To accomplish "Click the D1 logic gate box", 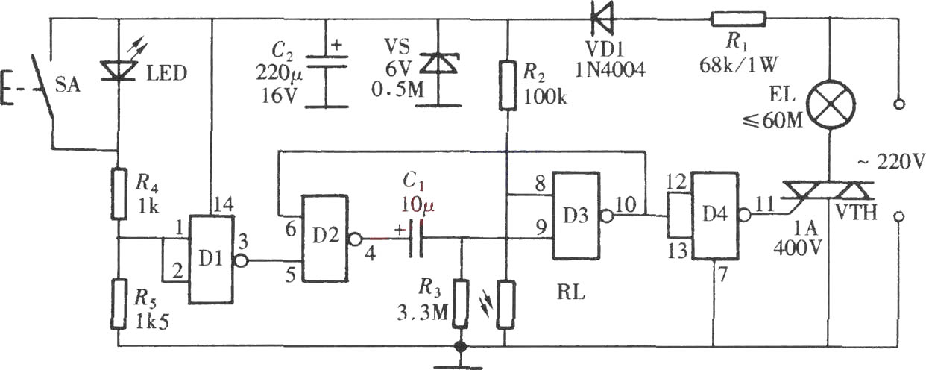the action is [x=211, y=260].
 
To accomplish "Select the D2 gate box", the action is [x=325, y=239].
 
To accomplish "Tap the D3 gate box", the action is [x=576, y=216].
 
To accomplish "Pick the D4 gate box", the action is [x=716, y=216].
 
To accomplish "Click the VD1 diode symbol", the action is [x=602, y=19].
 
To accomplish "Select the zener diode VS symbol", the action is [x=438, y=63].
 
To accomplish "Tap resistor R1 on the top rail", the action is [x=738, y=19].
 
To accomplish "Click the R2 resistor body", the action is [x=508, y=85].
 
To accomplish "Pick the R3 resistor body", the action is [x=461, y=304].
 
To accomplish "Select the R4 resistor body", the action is [x=119, y=193].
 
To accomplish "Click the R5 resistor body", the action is [x=119, y=304].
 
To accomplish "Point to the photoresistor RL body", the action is [x=505, y=304].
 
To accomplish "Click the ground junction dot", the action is [x=460, y=346].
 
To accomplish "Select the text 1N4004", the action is [x=610, y=71].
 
